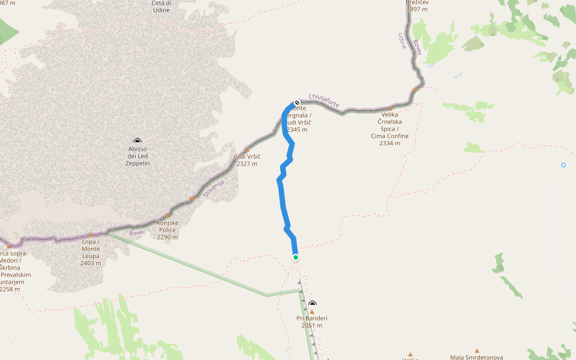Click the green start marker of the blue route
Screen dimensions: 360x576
(x=296, y=257)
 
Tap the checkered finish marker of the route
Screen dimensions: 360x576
(x=296, y=103)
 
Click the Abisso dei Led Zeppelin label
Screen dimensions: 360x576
(x=138, y=156)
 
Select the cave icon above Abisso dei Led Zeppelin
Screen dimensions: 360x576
(x=138, y=140)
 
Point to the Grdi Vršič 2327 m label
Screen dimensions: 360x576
(x=247, y=160)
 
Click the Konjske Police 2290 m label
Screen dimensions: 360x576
(x=167, y=230)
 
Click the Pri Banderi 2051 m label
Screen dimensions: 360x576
(x=312, y=322)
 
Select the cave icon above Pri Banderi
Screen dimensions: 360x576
(x=312, y=304)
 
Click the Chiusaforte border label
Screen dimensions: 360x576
(x=324, y=100)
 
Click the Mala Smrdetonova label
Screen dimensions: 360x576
(x=477, y=358)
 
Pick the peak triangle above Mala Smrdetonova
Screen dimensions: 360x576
(x=477, y=351)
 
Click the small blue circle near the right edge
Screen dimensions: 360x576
(x=563, y=165)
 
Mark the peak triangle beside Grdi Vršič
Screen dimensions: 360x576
(x=247, y=151)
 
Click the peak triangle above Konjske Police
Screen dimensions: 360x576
(x=168, y=215)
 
